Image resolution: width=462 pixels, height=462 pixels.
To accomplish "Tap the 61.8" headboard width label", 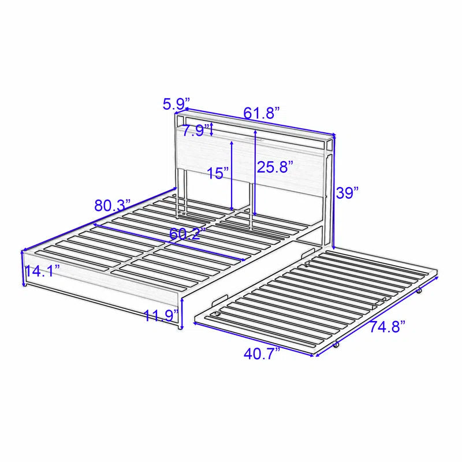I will [262, 112].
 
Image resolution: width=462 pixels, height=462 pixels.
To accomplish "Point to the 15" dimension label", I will [219, 173].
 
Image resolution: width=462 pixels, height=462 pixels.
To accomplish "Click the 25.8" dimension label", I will [275, 167].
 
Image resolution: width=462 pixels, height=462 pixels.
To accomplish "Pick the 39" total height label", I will [349, 193].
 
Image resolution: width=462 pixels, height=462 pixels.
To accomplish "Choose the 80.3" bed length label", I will [113, 205].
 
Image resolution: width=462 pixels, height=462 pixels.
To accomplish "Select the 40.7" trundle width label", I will [260, 354].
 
